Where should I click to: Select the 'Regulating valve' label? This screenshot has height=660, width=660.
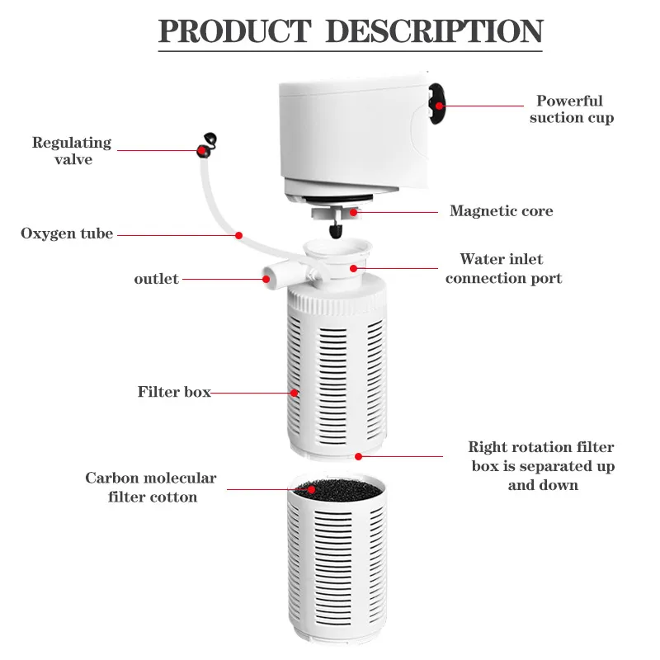coord(73,151)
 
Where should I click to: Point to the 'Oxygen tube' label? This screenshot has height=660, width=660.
coord(67,233)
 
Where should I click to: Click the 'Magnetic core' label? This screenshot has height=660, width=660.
coord(501,211)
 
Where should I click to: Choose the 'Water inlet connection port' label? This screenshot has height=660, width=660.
coord(503,269)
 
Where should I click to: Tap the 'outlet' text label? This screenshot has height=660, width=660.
coord(156,279)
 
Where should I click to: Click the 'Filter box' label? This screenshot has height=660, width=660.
coord(174,392)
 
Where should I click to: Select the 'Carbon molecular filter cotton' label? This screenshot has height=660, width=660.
coord(151,488)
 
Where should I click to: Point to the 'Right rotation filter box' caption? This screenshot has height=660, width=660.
coord(542,466)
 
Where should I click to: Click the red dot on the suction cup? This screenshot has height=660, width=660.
coord(440,106)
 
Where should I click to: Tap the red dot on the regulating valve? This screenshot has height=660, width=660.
coord(200,150)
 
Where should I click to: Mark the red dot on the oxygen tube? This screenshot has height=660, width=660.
coord(238,235)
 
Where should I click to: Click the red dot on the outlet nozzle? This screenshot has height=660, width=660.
coord(266,279)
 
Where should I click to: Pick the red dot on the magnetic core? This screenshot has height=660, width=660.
coord(351,212)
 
